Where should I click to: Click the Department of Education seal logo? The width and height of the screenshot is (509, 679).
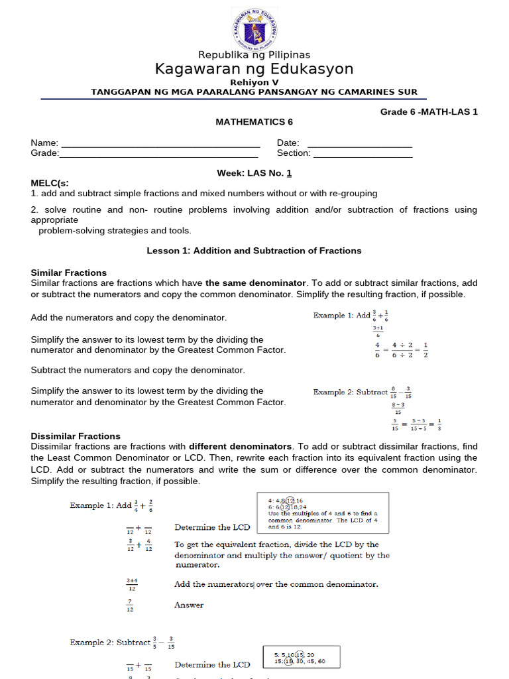tap(254, 28)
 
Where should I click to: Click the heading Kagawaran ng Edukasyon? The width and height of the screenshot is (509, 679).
tap(254, 69)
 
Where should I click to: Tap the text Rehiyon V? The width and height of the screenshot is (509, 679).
tap(254, 82)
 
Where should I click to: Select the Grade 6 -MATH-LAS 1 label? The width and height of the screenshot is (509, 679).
tap(428, 111)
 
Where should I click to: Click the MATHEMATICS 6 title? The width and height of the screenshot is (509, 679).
tap(254, 122)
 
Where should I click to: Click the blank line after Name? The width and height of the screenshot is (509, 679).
tap(160, 143)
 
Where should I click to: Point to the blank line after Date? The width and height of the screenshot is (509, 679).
tap(359, 143)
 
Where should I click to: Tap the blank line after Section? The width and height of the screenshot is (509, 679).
tap(363, 153)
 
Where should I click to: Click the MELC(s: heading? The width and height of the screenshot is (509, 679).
tap(50, 183)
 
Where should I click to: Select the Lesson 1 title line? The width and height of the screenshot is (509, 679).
tap(254, 251)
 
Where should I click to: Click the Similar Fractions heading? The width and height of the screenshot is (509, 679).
tap(69, 273)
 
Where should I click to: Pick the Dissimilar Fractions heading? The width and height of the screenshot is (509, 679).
tap(76, 436)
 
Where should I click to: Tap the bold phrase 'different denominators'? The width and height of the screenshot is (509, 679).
tap(241, 446)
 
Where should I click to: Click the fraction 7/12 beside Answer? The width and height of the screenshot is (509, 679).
tap(131, 605)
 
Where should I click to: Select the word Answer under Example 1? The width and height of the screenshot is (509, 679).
tap(189, 605)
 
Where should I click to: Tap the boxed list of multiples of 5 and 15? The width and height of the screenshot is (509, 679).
tap(302, 657)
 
